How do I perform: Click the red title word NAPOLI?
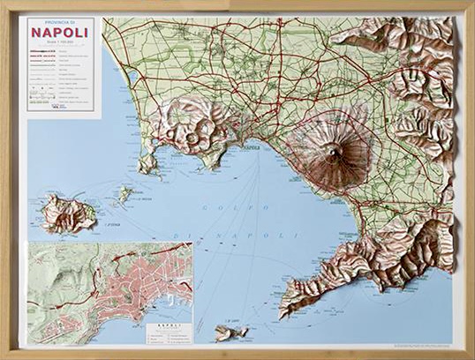coord(60,33)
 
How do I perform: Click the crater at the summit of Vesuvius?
coord(332,154)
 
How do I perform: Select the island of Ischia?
coord(67,213)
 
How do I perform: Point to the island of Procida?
coord(125,192)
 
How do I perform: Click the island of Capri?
coord(231,333)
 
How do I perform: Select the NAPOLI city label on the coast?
coord(251,147)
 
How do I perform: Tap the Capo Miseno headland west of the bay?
coord(147,167)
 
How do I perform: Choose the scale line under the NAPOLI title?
coord(60,46)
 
